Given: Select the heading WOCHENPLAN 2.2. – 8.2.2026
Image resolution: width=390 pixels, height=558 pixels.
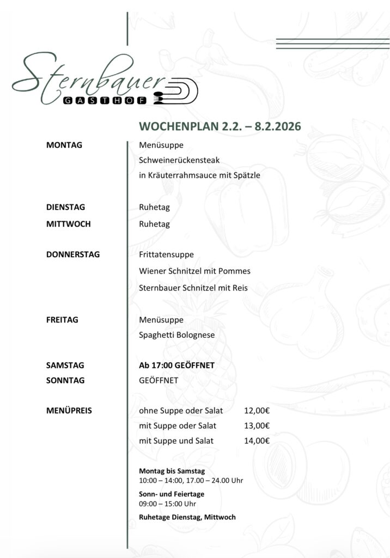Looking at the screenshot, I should (x=220, y=126).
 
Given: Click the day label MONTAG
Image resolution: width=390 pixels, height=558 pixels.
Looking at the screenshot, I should (x=64, y=145).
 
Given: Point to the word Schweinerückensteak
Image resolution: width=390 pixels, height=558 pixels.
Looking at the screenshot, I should (x=179, y=160).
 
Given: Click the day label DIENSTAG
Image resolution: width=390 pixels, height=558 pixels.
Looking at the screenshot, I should (x=65, y=207).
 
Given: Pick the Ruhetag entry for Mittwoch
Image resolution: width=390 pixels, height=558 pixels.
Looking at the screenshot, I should (x=154, y=224).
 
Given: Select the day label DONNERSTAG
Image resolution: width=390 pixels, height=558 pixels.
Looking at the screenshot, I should (x=73, y=254).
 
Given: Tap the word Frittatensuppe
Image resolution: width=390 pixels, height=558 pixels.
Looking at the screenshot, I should (x=166, y=254).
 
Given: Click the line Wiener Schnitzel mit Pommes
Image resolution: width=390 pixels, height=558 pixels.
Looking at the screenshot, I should (x=194, y=271).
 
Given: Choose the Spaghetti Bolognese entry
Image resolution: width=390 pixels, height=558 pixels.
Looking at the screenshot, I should (x=176, y=335).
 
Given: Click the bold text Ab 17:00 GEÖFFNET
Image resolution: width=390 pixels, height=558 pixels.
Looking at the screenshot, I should (x=176, y=366).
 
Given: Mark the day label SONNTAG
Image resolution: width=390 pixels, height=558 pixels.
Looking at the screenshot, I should (x=65, y=380).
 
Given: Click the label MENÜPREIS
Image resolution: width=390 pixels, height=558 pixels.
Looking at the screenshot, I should (x=69, y=410).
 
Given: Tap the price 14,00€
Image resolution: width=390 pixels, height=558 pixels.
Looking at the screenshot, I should (x=257, y=441).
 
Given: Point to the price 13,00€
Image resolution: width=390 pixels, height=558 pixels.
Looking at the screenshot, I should (x=257, y=426).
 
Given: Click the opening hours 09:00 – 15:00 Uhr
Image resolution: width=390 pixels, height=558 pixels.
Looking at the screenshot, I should (x=167, y=504).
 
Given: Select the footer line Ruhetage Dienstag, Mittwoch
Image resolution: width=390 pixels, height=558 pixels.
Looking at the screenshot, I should (x=187, y=517).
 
